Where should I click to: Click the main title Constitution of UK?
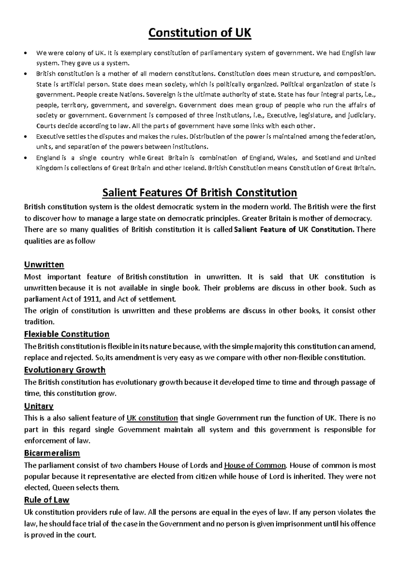pos(200,33)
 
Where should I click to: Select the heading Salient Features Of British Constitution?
pos(200,193)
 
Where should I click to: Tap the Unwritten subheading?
pos(44,265)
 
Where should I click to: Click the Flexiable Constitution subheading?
pos(67,334)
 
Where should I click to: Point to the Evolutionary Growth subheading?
pos(65,370)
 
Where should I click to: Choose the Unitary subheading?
pos(39,406)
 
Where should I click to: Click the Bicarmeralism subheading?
pos(52,453)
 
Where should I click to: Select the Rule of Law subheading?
pos(47,500)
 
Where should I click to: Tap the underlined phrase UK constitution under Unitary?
pos(152,418)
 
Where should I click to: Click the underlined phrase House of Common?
pos(255,465)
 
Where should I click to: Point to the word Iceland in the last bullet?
pos(194,168)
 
